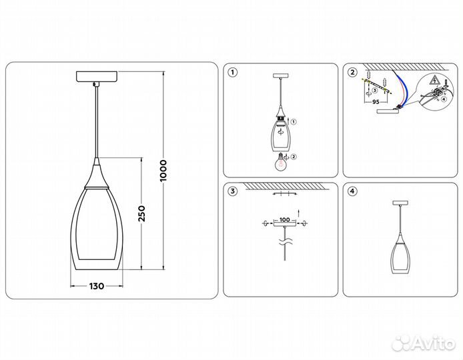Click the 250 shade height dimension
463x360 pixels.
click(x=142, y=213)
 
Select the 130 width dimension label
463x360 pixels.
click(x=96, y=286)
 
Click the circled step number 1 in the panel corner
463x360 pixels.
click(x=232, y=72)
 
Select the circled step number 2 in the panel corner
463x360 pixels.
click(x=352, y=72)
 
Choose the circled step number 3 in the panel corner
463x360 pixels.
click(x=232, y=192)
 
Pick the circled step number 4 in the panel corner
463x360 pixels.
click(x=352, y=192)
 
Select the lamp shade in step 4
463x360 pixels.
click(x=400, y=252)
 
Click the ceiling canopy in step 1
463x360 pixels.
click(x=281, y=77)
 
